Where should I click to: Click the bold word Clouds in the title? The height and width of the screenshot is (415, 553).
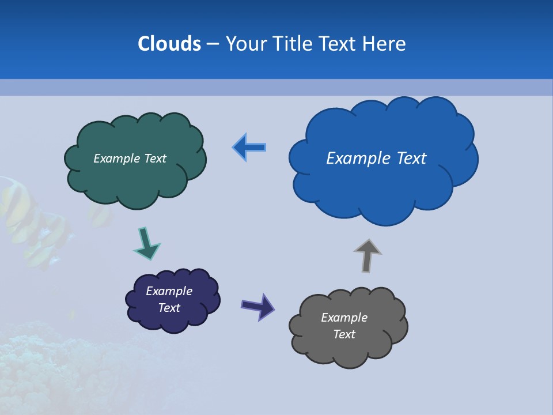click(x=169, y=44)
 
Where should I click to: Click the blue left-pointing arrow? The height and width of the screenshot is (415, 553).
click(x=249, y=148)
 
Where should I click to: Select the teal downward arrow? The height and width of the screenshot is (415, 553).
click(x=146, y=243)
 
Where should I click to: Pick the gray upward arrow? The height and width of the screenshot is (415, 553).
click(x=368, y=255)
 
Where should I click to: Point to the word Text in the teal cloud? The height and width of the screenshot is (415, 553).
click(x=155, y=159)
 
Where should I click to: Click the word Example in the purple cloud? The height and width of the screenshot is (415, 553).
click(x=169, y=291)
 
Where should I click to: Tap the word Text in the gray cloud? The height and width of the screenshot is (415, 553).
click(x=344, y=334)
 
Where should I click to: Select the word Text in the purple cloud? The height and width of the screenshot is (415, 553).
click(x=169, y=308)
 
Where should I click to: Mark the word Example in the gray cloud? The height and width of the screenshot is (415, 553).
click(x=344, y=318)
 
